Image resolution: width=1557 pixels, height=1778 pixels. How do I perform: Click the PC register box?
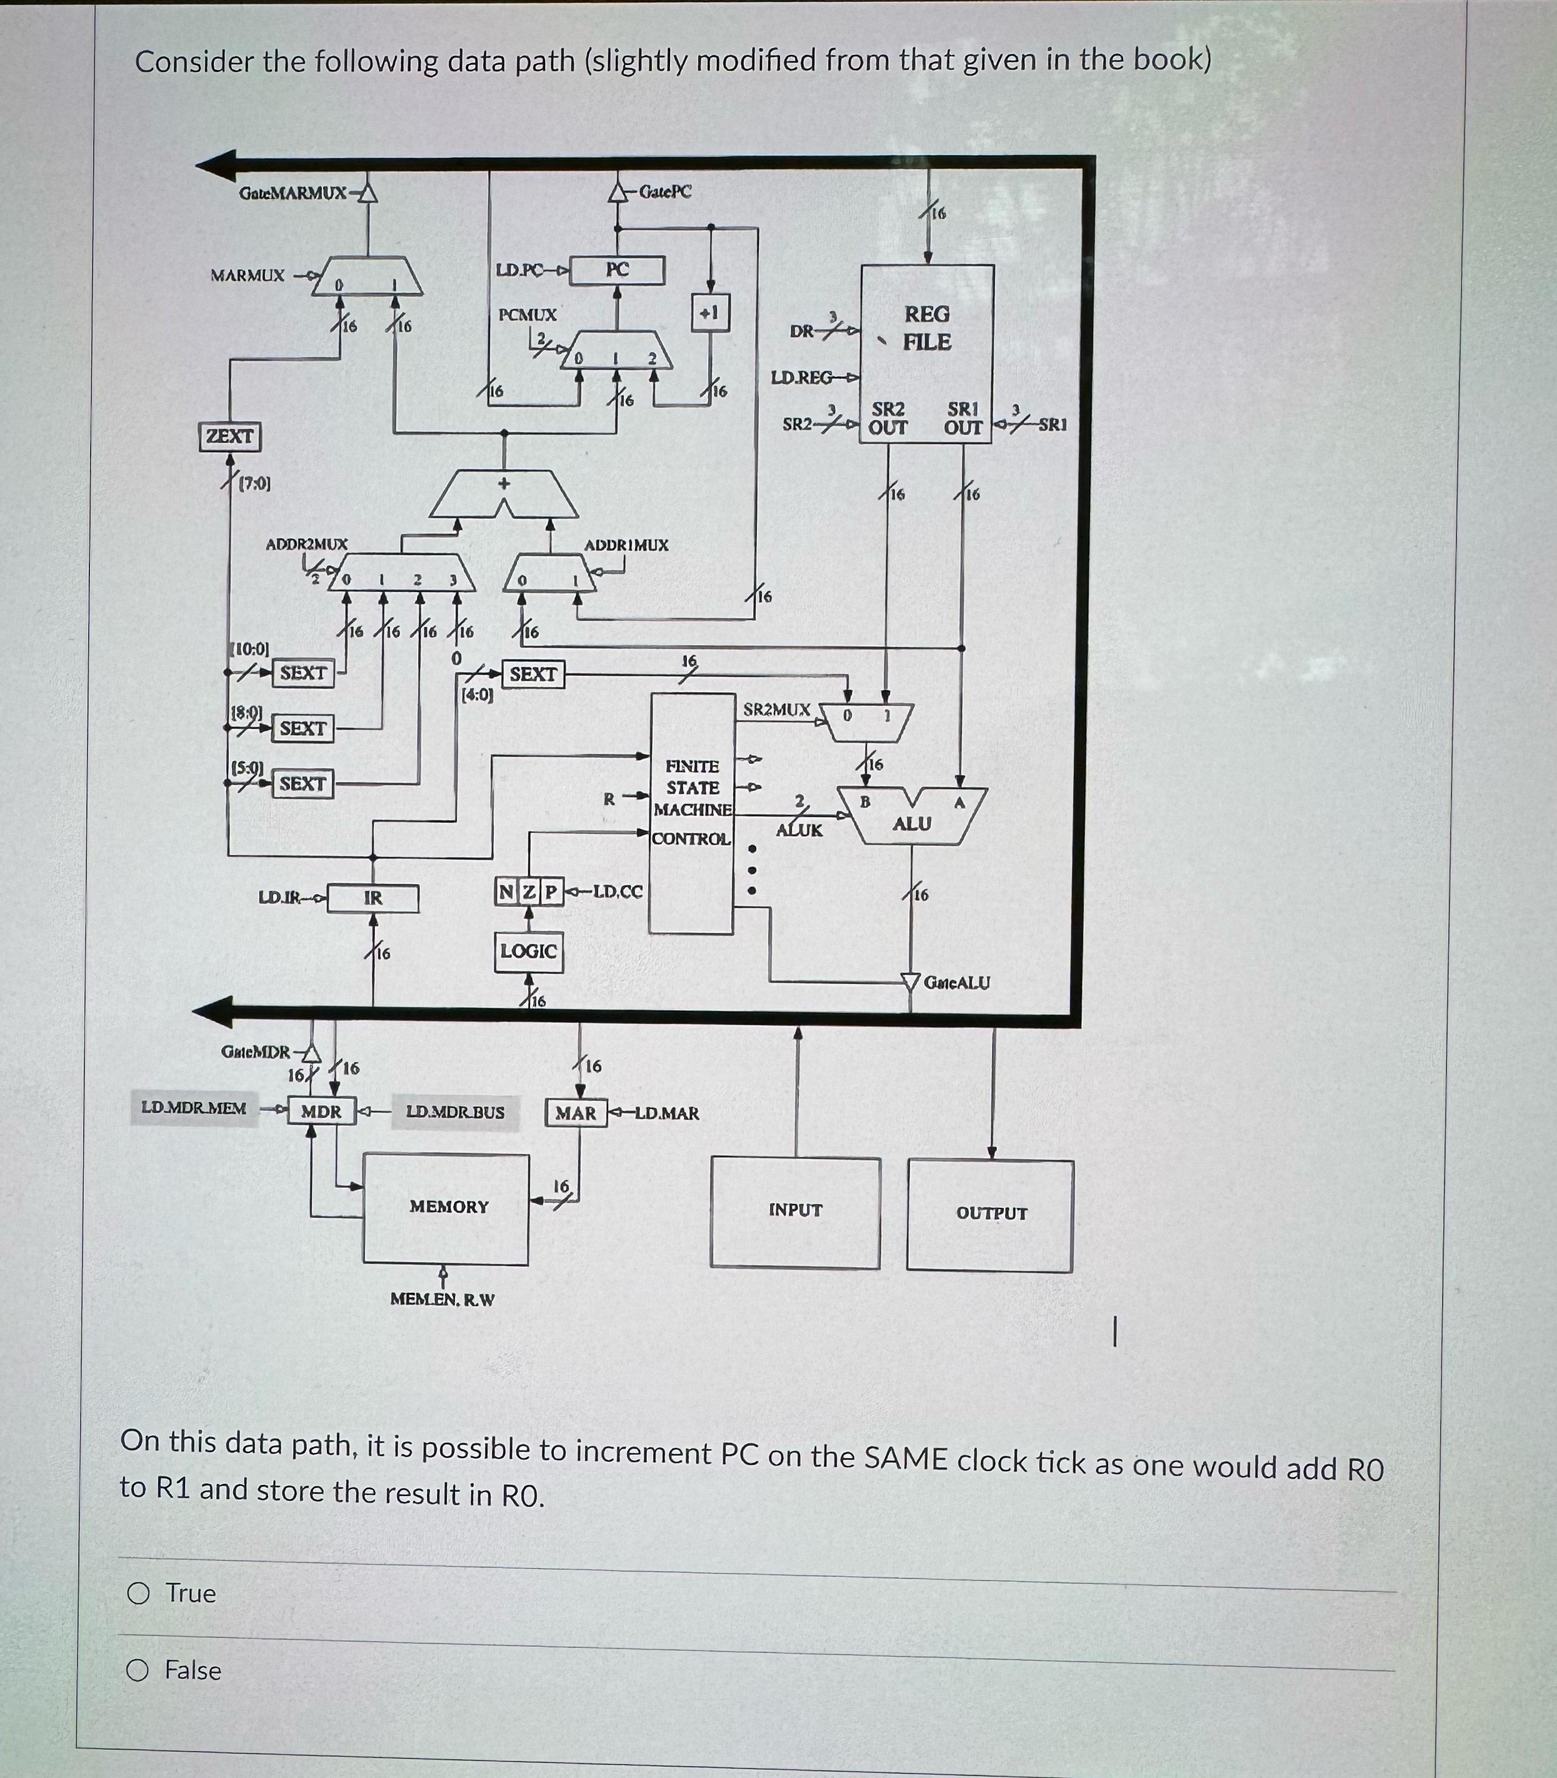(x=617, y=269)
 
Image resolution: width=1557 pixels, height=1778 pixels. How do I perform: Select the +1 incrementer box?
(x=710, y=313)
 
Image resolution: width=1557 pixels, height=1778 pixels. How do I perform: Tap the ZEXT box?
(x=229, y=436)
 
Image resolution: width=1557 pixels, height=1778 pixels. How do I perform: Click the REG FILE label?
(x=926, y=328)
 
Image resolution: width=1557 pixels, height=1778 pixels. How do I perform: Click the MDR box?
(x=321, y=1112)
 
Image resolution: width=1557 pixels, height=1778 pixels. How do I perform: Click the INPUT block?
(x=795, y=1210)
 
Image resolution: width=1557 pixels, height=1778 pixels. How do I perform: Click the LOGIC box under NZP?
(x=528, y=951)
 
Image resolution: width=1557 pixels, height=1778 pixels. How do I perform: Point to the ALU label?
(x=911, y=823)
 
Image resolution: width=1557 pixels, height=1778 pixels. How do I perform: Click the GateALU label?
(x=956, y=983)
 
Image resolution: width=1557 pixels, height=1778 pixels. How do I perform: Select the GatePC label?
(x=666, y=192)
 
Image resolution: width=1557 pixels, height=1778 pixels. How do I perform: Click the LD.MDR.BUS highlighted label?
(x=455, y=1112)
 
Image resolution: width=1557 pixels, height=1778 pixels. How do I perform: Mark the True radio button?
(x=138, y=1593)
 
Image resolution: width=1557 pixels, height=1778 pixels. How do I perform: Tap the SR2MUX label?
(x=776, y=710)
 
